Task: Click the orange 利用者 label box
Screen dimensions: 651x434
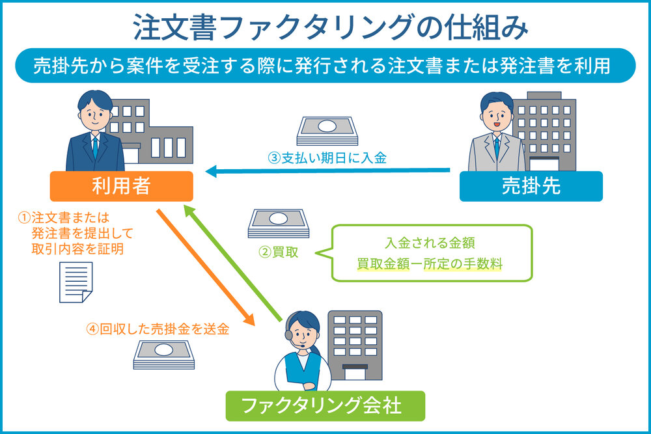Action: coord(121,186)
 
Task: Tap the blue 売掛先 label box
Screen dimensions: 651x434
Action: coord(531,186)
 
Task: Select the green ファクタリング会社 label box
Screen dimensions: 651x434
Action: coord(325,406)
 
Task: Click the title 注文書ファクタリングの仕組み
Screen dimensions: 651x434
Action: coord(331,27)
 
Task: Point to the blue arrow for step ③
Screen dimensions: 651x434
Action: coord(328,170)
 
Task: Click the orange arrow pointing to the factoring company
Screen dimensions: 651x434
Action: coord(206,267)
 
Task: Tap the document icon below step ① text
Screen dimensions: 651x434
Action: coord(76,282)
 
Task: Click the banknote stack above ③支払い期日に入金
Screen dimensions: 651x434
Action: coord(327,131)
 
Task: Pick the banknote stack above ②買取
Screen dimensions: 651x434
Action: coord(279,224)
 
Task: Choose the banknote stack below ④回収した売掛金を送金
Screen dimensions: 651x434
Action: coord(164,355)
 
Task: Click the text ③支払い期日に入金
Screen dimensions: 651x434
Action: coord(327,158)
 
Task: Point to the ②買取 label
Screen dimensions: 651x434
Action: coord(278,252)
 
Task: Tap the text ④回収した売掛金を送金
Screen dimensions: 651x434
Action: coord(158,329)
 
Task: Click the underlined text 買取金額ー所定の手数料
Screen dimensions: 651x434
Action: coord(430,264)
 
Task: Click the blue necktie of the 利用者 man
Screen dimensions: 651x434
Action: coord(96,148)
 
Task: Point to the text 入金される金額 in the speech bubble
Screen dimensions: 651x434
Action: coord(430,243)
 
